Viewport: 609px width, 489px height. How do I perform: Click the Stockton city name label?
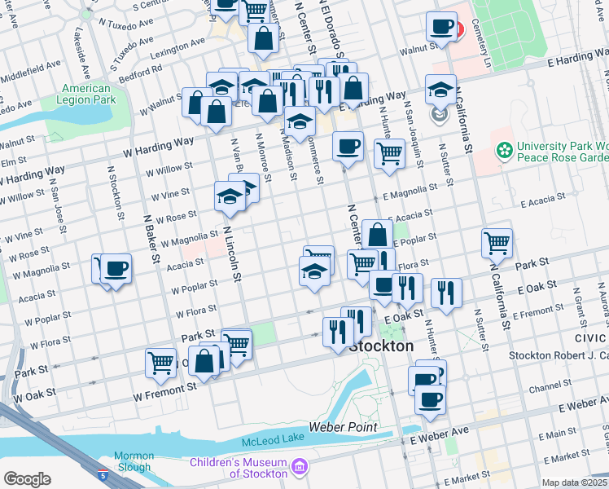[x=381, y=346]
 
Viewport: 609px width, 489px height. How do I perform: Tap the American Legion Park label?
[x=85, y=94]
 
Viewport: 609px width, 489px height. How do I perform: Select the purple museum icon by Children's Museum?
[x=300, y=466]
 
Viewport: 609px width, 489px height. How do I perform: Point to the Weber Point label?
[x=343, y=427]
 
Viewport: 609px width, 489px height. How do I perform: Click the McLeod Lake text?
[x=276, y=442]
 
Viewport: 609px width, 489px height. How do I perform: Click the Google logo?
[x=27, y=479]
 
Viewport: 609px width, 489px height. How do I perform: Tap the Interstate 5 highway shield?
[x=102, y=474]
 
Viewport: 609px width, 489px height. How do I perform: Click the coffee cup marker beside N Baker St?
[x=116, y=268]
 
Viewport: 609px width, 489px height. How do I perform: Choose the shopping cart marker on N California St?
[x=497, y=242]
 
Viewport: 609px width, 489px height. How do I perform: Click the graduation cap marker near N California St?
[x=440, y=90]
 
